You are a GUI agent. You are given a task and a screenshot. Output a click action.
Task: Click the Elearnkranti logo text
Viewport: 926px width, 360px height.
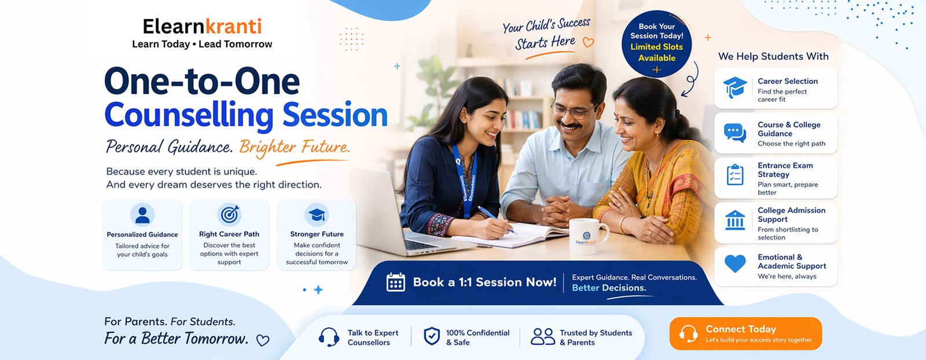(x=202, y=27)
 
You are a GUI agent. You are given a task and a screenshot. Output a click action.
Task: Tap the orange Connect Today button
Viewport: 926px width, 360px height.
(x=745, y=333)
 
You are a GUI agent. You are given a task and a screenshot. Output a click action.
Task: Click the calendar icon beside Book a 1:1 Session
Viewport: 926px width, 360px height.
(x=396, y=282)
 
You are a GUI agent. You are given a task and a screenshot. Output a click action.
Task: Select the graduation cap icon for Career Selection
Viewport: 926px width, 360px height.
(x=734, y=87)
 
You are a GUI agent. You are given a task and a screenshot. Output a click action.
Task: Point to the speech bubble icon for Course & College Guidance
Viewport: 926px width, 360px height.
(x=735, y=133)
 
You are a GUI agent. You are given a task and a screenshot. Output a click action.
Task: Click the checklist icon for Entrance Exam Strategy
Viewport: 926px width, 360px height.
(x=735, y=175)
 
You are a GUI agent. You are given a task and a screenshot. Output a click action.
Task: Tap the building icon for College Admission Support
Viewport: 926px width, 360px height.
(x=735, y=220)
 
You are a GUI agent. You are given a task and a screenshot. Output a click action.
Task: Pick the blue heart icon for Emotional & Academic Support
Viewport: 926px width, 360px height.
(x=735, y=263)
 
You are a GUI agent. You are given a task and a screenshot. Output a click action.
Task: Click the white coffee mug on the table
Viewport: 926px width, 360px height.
(x=587, y=236)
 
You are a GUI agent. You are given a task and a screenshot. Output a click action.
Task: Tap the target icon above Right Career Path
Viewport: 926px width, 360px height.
(x=230, y=215)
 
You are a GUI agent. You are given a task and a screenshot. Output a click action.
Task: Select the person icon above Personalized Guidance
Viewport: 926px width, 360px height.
(x=142, y=215)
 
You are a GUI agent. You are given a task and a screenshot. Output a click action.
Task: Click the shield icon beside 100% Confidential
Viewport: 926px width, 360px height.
(x=432, y=336)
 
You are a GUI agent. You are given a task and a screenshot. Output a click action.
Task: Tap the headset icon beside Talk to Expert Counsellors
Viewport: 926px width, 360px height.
(x=329, y=337)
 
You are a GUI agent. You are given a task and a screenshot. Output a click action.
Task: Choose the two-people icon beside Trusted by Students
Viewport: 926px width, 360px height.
(x=543, y=336)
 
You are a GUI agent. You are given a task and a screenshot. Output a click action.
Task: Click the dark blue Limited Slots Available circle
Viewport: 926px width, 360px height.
(x=656, y=43)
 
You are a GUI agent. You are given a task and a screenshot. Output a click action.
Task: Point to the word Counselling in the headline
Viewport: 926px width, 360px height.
(x=189, y=115)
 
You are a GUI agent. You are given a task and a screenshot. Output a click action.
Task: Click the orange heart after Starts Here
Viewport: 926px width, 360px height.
(x=588, y=42)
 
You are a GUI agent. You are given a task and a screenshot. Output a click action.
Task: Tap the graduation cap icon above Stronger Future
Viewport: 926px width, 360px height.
(x=317, y=215)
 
